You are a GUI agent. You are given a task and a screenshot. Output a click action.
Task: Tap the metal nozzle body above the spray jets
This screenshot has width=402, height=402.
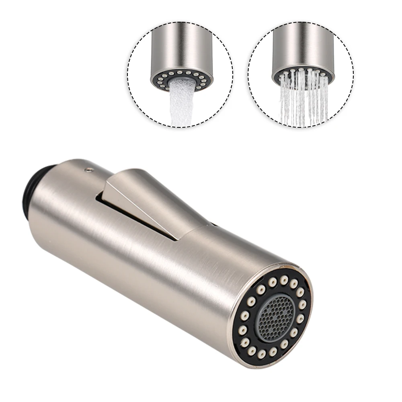[x=301, y=48]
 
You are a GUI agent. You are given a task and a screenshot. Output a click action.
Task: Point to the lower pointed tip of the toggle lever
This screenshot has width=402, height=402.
[x=175, y=239]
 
